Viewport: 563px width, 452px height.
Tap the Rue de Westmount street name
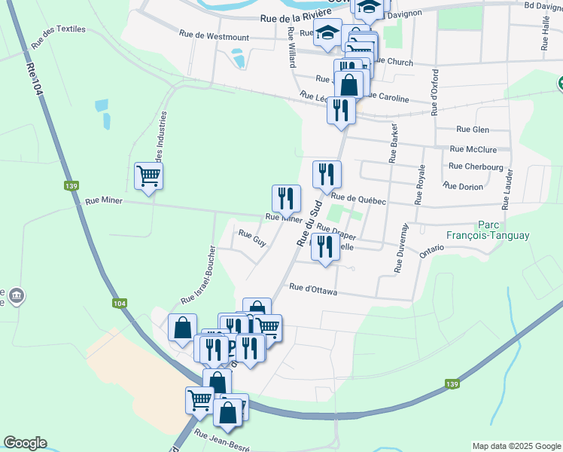(x=214, y=35)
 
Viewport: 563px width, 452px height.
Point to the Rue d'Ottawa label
(x=313, y=289)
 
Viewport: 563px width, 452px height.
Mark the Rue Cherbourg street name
(x=476, y=166)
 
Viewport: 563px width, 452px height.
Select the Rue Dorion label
(x=463, y=185)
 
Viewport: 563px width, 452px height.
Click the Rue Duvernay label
(x=400, y=248)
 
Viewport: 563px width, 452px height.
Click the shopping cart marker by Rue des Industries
(x=148, y=176)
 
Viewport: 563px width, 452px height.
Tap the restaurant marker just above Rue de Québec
(x=327, y=175)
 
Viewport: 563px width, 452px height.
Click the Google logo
(x=25, y=443)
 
